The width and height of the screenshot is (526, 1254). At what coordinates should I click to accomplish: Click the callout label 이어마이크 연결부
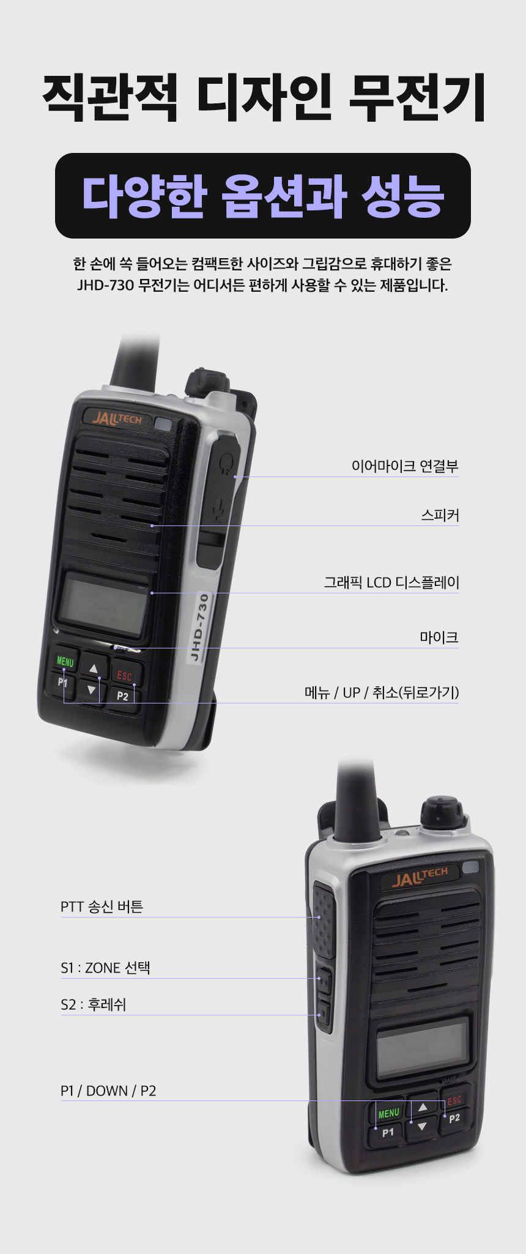pyautogui.click(x=405, y=466)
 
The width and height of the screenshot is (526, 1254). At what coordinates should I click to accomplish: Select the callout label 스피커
pyautogui.click(x=440, y=515)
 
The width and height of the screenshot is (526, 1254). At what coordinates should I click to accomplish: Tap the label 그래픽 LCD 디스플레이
pyautogui.click(x=391, y=582)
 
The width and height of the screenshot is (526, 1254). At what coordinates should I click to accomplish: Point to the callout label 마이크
pyautogui.click(x=439, y=637)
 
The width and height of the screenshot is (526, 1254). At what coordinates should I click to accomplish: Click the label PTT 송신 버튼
pyautogui.click(x=102, y=907)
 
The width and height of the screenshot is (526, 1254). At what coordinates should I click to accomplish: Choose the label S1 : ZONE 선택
pyautogui.click(x=105, y=968)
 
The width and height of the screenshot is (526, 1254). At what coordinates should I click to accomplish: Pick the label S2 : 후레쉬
pyautogui.click(x=93, y=1004)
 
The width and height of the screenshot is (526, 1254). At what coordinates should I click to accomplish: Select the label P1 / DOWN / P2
pyautogui.click(x=108, y=1091)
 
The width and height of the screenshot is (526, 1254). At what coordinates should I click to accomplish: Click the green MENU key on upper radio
pyautogui.click(x=65, y=661)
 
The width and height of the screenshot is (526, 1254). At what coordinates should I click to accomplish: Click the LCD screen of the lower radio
pyautogui.click(x=423, y=1048)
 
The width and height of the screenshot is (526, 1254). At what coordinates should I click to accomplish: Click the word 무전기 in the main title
pyautogui.click(x=418, y=97)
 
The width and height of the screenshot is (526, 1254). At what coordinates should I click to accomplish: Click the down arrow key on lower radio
pyautogui.click(x=421, y=1126)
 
